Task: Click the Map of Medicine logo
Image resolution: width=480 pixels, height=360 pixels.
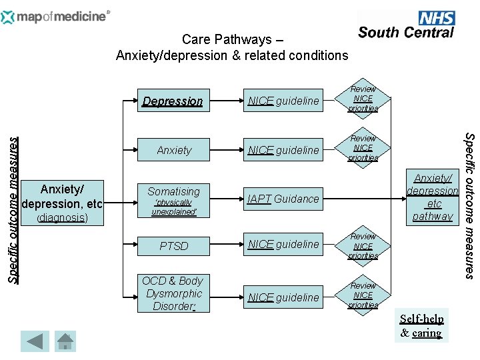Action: pyautogui.click(x=56, y=16)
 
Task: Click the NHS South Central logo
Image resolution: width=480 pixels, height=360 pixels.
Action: pyautogui.click(x=406, y=25)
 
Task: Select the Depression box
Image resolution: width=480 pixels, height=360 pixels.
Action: pyautogui.click(x=173, y=101)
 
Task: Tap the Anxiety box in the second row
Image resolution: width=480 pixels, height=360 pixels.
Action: pyautogui.click(x=173, y=151)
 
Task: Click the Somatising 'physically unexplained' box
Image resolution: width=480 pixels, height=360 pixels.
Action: pyautogui.click(x=173, y=199)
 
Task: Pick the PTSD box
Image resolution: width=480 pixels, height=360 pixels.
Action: pyautogui.click(x=173, y=246)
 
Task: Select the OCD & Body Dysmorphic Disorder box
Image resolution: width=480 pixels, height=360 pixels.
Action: pyautogui.click(x=173, y=293)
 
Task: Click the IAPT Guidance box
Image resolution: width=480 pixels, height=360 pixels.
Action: pyautogui.click(x=283, y=199)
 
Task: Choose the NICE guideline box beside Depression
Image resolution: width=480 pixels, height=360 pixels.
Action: pyautogui.click(x=283, y=101)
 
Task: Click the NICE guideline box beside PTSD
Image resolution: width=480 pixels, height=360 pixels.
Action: pyautogui.click(x=283, y=245)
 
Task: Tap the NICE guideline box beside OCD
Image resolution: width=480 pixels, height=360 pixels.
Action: pyautogui.click(x=283, y=297)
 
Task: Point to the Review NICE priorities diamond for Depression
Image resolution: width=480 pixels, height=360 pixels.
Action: pyautogui.click(x=363, y=99)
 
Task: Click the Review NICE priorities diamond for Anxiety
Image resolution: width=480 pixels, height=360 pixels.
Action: pyautogui.click(x=363, y=148)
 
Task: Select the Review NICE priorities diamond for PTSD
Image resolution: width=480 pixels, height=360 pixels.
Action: pyautogui.click(x=363, y=246)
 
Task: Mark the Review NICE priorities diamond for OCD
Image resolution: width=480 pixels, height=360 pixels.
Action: pyautogui.click(x=363, y=295)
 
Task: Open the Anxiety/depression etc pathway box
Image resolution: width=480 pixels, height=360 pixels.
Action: pyautogui.click(x=433, y=197)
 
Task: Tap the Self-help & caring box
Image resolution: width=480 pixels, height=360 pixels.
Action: pyautogui.click(x=421, y=325)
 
